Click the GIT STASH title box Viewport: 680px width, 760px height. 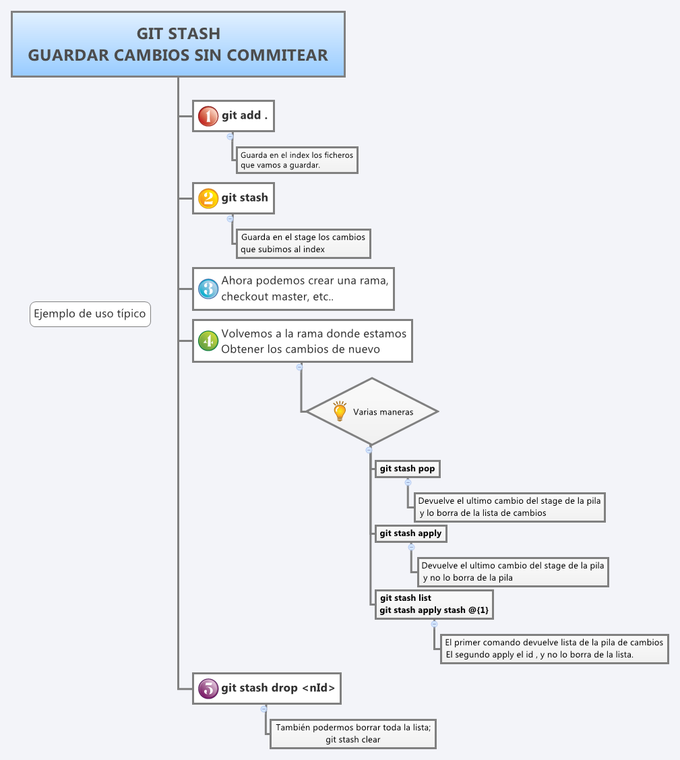coord(178,45)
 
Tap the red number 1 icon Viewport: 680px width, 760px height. coord(208,116)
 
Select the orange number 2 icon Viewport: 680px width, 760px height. coord(208,198)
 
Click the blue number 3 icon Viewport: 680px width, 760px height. coord(208,289)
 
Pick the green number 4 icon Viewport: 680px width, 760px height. coord(208,341)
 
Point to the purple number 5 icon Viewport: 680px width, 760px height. coord(208,689)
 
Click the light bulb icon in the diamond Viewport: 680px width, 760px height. coord(340,411)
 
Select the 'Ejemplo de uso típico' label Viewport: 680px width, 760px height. coord(90,314)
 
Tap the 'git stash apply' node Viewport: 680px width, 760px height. coord(410,533)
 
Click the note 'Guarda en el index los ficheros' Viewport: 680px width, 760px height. coord(297,160)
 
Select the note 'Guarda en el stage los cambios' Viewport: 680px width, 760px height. coord(303,243)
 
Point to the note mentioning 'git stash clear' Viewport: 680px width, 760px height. coord(352,734)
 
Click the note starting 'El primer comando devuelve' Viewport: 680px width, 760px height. coord(553,648)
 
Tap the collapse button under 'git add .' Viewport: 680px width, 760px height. coord(230,136)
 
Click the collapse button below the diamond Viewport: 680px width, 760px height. coord(369,450)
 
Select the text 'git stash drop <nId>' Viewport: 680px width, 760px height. coord(278,689)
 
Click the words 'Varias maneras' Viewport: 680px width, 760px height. coord(383,412)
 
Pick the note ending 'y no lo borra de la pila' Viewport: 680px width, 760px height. coord(512,572)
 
